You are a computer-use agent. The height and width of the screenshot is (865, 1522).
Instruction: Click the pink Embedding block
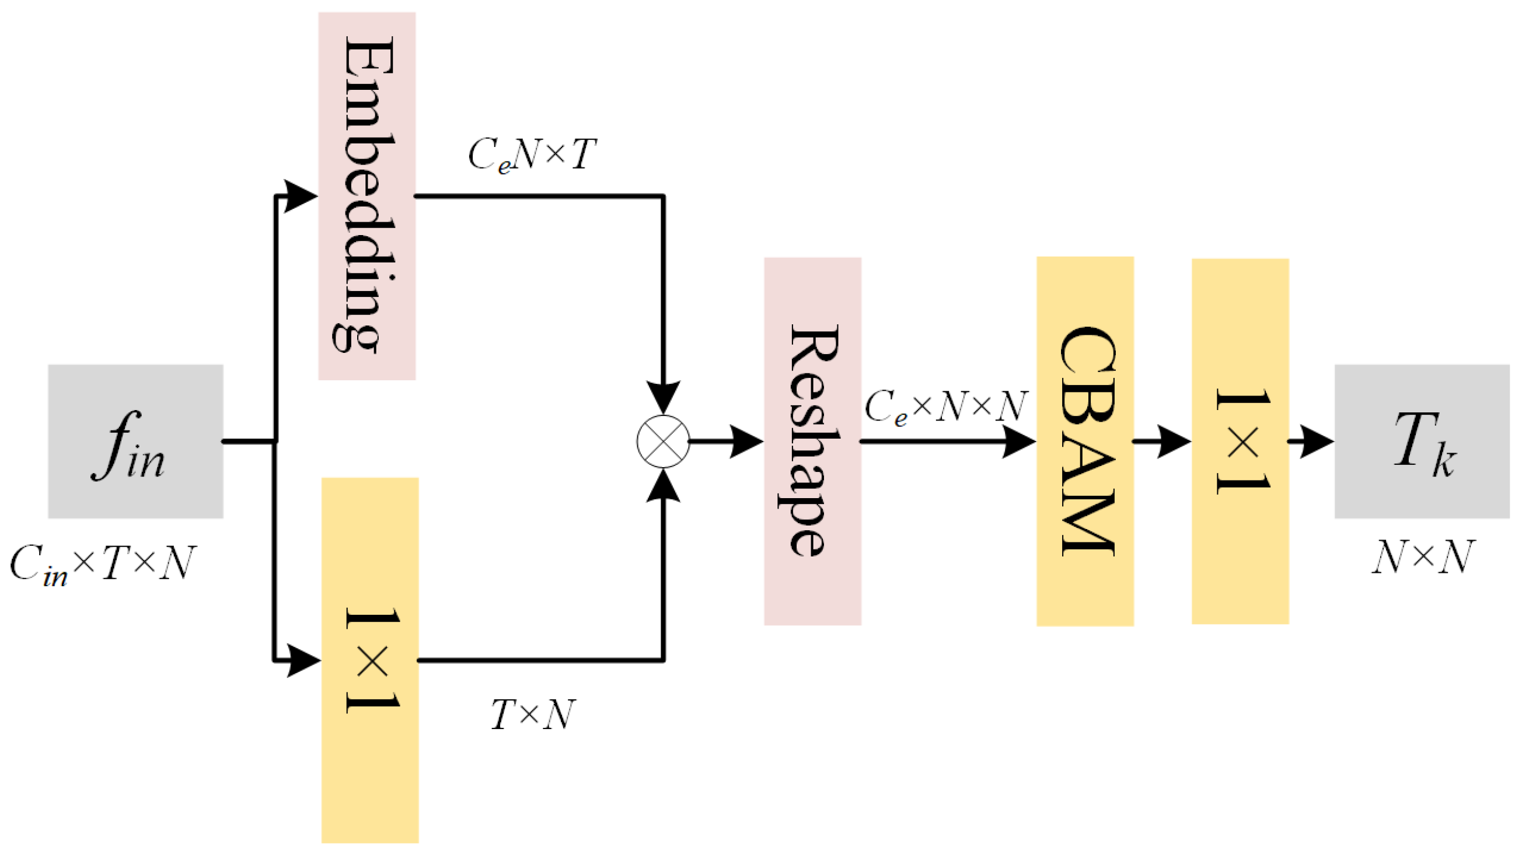366,196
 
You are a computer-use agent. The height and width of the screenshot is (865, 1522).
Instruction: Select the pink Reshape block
812,441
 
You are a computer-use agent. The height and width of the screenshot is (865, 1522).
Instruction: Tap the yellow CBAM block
1085,441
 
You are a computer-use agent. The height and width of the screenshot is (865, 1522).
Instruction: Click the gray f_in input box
135,442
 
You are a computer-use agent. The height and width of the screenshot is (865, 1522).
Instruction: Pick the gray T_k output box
1422,442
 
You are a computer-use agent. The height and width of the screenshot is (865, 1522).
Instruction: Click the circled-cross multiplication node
662,442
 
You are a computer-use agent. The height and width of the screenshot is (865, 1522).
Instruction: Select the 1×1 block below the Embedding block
369,660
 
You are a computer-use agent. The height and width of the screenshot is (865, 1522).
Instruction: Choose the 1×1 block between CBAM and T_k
1240,441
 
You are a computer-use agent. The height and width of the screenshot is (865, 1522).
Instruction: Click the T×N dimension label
533,714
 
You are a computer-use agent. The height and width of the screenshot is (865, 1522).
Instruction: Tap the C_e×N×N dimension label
945,408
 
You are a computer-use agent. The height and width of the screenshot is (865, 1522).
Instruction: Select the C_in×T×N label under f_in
102,564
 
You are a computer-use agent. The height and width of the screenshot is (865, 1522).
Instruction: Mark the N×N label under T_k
1423,557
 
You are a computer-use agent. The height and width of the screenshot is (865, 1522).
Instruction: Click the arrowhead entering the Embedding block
301,196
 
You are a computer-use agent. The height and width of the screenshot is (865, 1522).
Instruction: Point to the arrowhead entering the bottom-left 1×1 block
303,660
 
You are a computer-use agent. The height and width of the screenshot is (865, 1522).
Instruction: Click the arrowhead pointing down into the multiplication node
662,397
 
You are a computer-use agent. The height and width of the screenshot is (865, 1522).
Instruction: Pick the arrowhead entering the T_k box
1317,442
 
